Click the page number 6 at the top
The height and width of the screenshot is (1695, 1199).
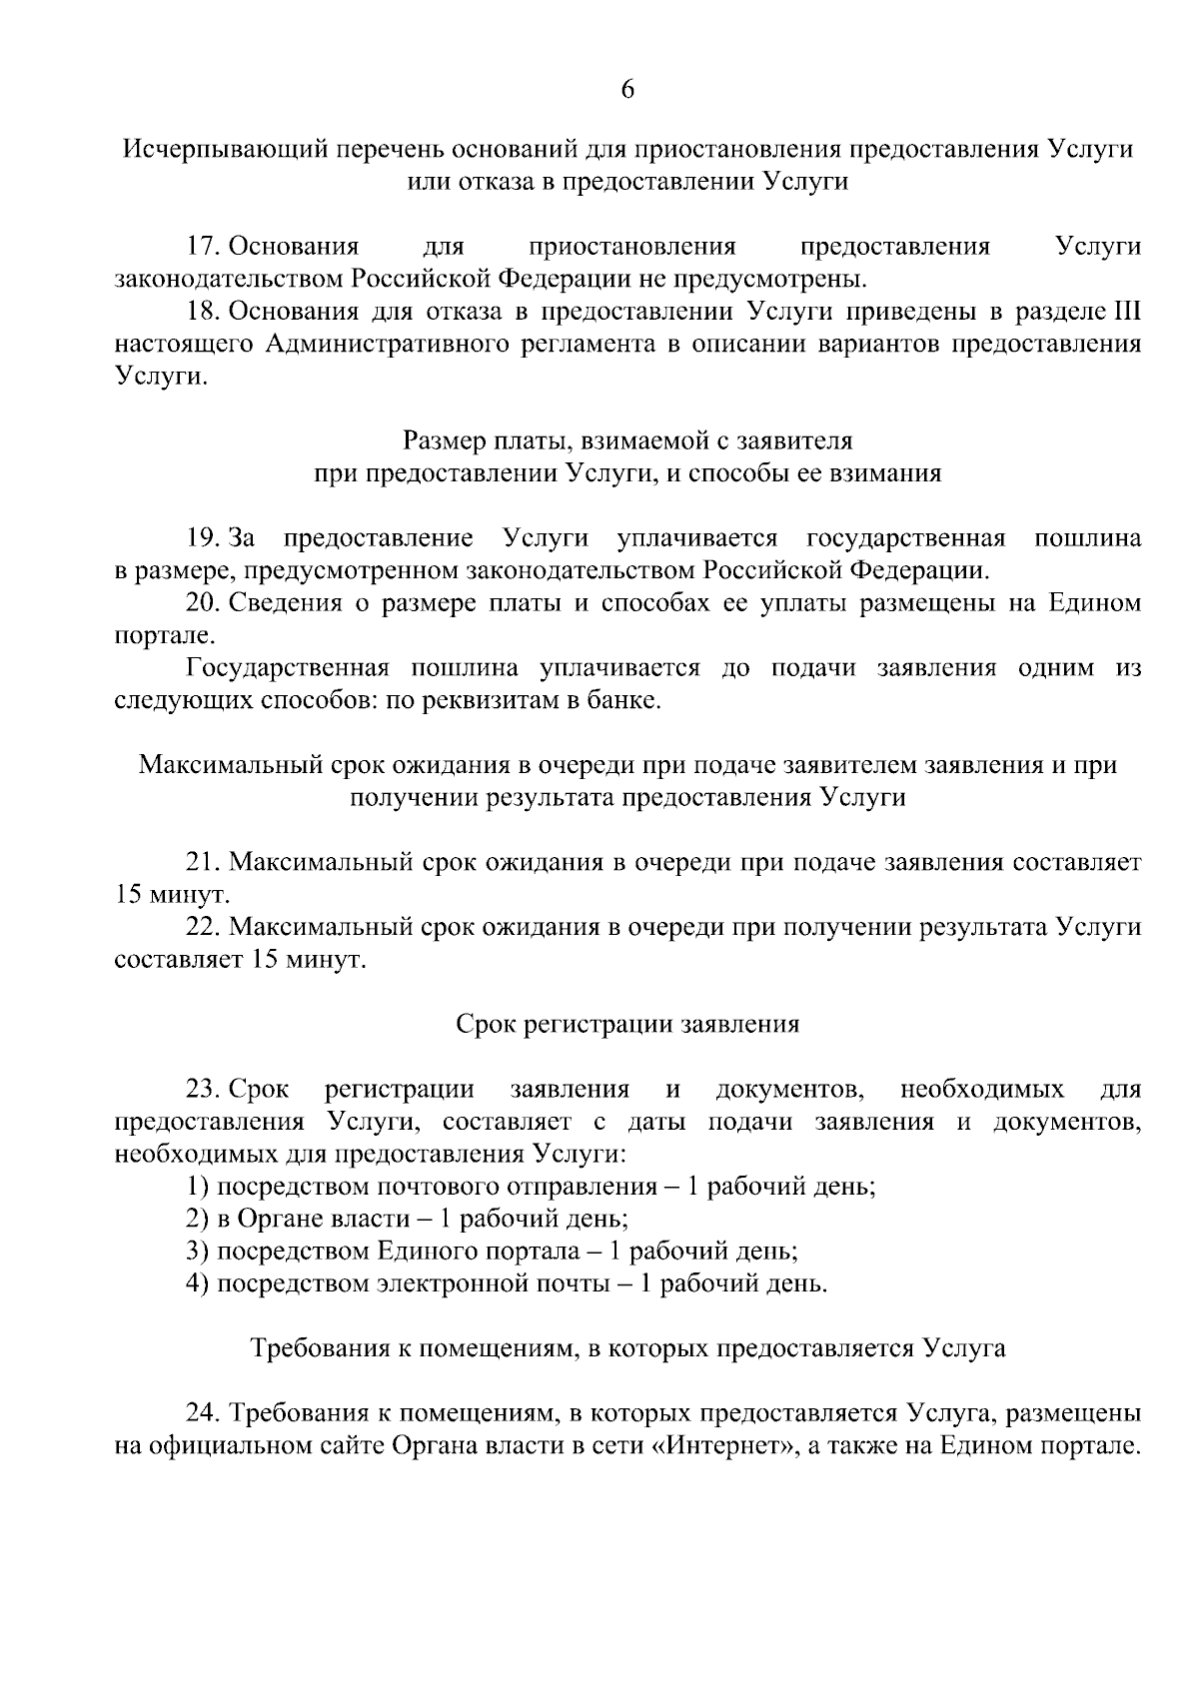coord(627,90)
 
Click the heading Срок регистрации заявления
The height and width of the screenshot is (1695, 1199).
coord(627,1024)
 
